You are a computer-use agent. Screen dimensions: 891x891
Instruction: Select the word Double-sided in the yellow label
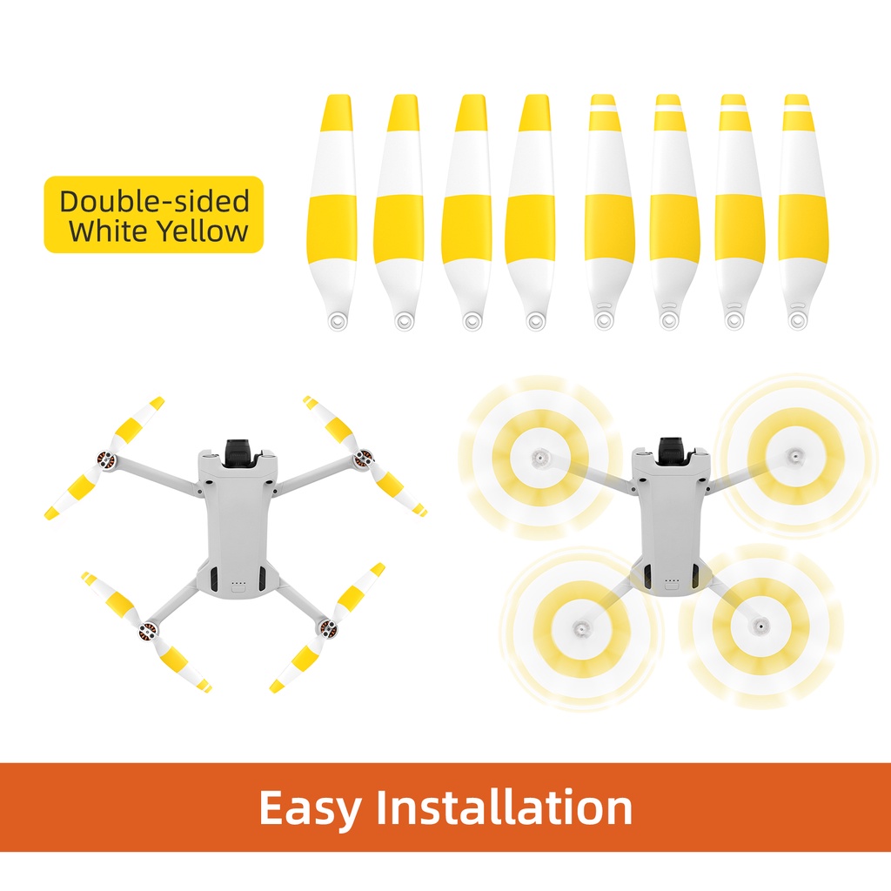coord(155,201)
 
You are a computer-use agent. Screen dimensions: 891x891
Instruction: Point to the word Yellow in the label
coord(202,231)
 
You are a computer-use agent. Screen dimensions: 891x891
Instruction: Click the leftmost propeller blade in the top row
coord(333,212)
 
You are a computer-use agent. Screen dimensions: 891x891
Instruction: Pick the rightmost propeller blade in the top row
coord(801,212)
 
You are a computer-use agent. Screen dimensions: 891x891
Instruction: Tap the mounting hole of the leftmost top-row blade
coord(338,322)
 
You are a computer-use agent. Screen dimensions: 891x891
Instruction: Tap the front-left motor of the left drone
coord(105,459)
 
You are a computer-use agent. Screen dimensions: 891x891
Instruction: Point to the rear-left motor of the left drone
coord(148,630)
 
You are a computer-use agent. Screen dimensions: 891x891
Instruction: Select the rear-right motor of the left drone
coord(327,627)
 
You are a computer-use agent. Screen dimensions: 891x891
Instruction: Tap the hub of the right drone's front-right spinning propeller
coord(794,455)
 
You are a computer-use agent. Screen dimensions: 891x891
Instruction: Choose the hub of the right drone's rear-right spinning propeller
coord(759,626)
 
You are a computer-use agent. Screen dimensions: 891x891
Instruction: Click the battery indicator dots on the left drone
coord(238,584)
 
